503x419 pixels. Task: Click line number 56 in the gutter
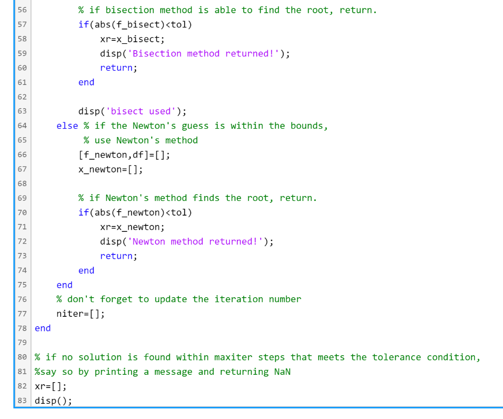pyautogui.click(x=22, y=10)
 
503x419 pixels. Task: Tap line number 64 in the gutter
pyautogui.click(x=22, y=126)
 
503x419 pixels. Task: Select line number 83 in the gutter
pyautogui.click(x=22, y=401)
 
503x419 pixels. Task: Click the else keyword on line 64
pyautogui.click(x=67, y=126)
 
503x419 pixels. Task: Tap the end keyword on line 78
pyautogui.click(x=43, y=328)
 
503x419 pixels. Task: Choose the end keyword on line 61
pyautogui.click(x=86, y=82)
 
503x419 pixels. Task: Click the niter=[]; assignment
pyautogui.click(x=81, y=314)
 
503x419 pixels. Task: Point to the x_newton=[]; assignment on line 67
pyautogui.click(x=111, y=169)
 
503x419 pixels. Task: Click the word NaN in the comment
pyautogui.click(x=282, y=372)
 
